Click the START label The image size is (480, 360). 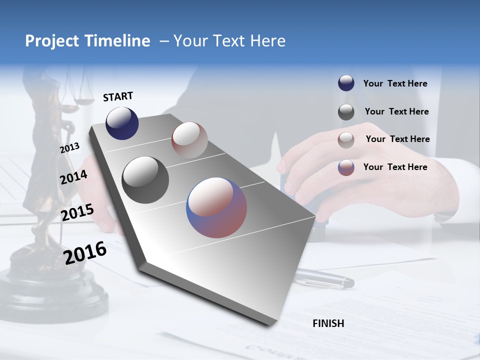pos(118,96)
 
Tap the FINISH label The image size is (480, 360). pos(328,323)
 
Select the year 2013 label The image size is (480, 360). pos(70,148)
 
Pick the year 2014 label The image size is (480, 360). pos(73,177)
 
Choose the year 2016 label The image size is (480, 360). pos(85,252)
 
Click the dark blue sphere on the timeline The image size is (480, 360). pos(122,123)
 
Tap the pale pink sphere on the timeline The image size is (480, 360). pos(189,140)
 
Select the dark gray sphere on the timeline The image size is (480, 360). pos(145,180)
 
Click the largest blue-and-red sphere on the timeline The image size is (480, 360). pos(216,207)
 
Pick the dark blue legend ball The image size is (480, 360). pos(346,83)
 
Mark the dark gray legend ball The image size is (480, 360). pos(346,112)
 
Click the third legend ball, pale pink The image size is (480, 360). pos(346,140)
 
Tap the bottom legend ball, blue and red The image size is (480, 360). pos(346,167)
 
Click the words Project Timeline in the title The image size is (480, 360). pos(87,41)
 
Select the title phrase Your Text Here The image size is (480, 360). pos(229,41)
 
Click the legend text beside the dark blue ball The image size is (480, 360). pos(395,83)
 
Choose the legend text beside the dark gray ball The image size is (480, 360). pos(396,111)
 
